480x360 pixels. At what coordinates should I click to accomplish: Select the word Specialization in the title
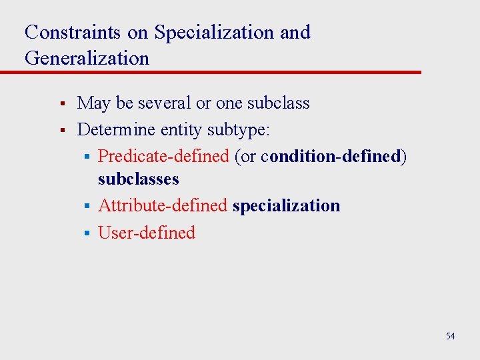[x=214, y=32]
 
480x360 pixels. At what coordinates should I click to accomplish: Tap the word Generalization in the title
[x=87, y=58]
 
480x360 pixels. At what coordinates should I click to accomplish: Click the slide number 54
[x=450, y=336]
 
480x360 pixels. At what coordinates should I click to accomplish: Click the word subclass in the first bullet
[x=278, y=103]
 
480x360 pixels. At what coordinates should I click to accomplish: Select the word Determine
[x=117, y=129]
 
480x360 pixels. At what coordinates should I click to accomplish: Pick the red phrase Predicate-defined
[x=163, y=155]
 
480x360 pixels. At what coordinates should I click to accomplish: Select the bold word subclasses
[x=139, y=179]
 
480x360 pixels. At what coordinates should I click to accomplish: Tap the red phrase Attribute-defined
[x=163, y=205]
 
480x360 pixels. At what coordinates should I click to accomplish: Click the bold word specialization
[x=286, y=205]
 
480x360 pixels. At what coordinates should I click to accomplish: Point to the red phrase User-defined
[x=147, y=233]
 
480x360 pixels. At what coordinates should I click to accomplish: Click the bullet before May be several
[x=61, y=104]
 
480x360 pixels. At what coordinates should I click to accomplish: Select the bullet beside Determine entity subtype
[x=61, y=129]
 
